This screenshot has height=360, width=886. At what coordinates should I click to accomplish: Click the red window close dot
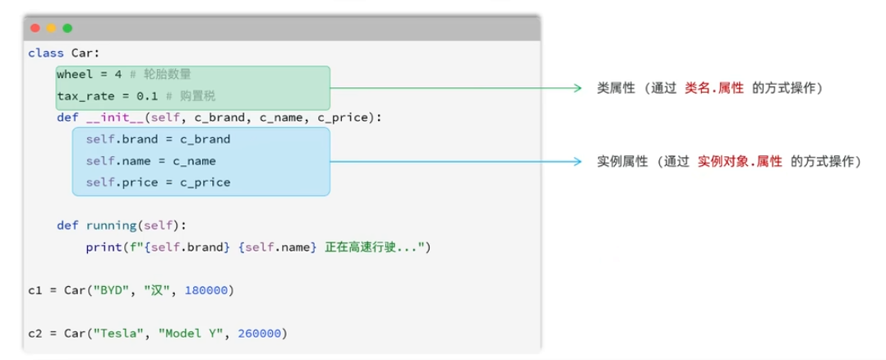tap(35, 28)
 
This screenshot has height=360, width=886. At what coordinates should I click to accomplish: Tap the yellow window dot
tap(52, 28)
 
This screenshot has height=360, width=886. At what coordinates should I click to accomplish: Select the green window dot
tap(67, 28)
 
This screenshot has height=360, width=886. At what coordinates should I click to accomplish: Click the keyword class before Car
tap(46, 53)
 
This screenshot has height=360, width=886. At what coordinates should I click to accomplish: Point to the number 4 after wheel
tap(132, 75)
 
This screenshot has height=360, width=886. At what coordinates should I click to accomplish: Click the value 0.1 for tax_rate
tap(147, 97)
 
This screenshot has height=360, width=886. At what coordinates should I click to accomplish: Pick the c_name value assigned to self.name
tap(194, 161)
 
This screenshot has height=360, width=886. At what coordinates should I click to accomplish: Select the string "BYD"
tap(118, 291)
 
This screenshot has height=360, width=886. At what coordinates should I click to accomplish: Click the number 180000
tap(205, 291)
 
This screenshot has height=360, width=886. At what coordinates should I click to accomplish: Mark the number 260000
tap(260, 334)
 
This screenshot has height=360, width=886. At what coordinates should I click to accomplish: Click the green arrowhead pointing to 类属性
tap(577, 88)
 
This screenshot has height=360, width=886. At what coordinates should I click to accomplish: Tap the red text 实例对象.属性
tap(740, 162)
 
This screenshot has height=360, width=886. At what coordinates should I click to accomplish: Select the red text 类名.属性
tap(714, 89)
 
